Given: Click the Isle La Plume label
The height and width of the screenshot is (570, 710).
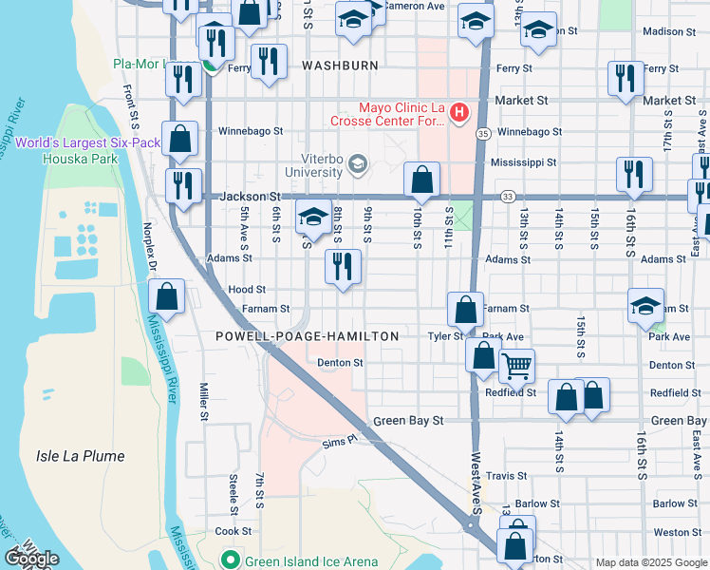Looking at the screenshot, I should point(81,456).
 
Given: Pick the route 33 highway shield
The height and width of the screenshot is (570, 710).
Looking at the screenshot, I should point(508,197).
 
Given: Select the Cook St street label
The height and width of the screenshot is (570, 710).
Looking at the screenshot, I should point(233,532).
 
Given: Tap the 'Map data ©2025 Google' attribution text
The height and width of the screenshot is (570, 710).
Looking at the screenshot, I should point(650,562).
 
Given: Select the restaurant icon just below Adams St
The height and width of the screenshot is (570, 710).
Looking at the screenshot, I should point(343,266).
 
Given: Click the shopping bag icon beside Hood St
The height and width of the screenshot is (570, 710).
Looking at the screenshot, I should point(167,295).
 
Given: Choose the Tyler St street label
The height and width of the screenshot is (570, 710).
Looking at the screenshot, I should point(444,336).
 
